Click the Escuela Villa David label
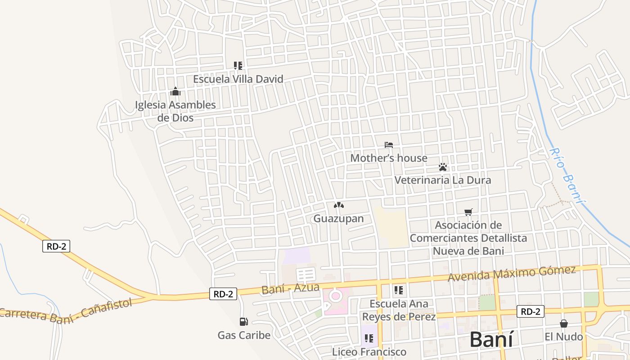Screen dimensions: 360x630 [238, 79]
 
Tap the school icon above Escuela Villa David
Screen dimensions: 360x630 [238, 66]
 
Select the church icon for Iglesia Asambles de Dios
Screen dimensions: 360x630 [175, 92]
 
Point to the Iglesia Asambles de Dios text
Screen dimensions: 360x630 [175, 111]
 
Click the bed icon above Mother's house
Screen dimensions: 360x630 [389, 145]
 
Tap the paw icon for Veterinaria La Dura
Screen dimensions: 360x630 [443, 167]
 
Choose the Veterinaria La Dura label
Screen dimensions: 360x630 [443, 180]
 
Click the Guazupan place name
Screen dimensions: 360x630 [338, 219]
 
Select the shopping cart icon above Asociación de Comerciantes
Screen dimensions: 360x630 [468, 211]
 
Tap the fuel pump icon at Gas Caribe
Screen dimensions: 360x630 [243, 322]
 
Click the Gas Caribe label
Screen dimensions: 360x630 [244, 335]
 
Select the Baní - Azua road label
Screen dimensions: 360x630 [290, 288]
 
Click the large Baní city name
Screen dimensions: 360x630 [491, 340]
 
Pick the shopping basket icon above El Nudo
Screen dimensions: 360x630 [563, 324]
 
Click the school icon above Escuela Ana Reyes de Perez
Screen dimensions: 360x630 [399, 290]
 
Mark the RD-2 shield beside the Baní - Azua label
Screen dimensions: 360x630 [223, 294]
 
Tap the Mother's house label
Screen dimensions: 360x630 [389, 158]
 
